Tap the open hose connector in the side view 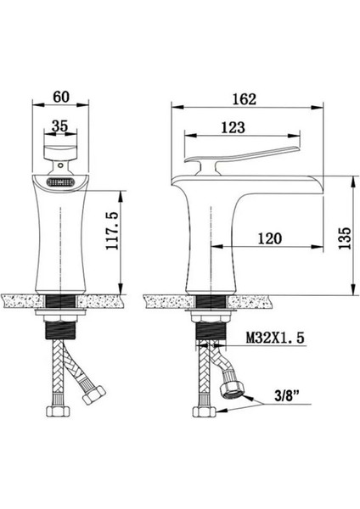[x=235, y=389]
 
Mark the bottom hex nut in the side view [x=203, y=412]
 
